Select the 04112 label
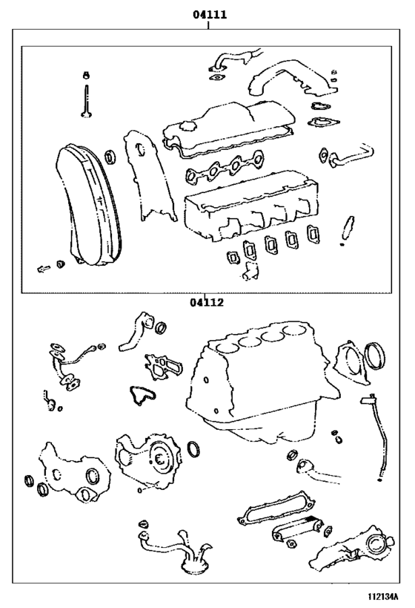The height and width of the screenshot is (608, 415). pos(206,302)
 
